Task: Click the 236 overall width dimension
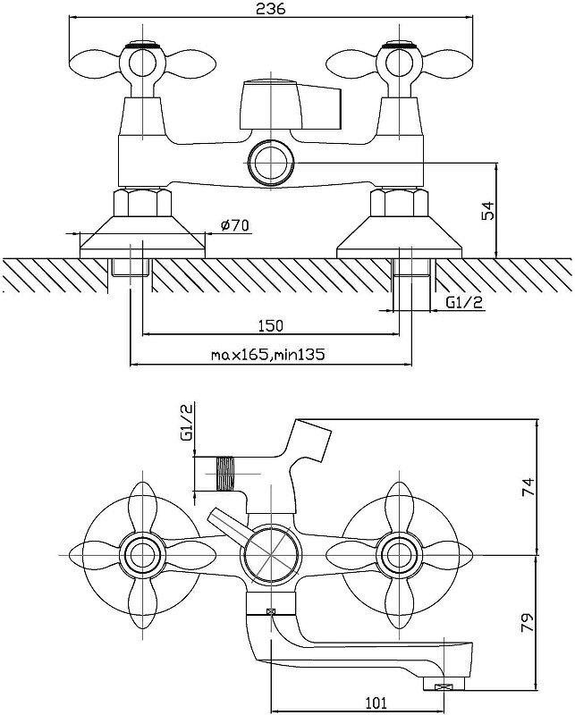(x=270, y=10)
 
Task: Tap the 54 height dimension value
(x=487, y=211)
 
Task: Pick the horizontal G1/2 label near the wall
(x=464, y=302)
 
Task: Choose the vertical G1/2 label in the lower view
(x=187, y=422)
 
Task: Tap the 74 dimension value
(x=529, y=487)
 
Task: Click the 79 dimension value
(x=529, y=618)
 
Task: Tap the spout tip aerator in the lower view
(x=443, y=686)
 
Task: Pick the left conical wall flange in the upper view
(x=141, y=234)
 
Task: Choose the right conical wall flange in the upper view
(x=399, y=234)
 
